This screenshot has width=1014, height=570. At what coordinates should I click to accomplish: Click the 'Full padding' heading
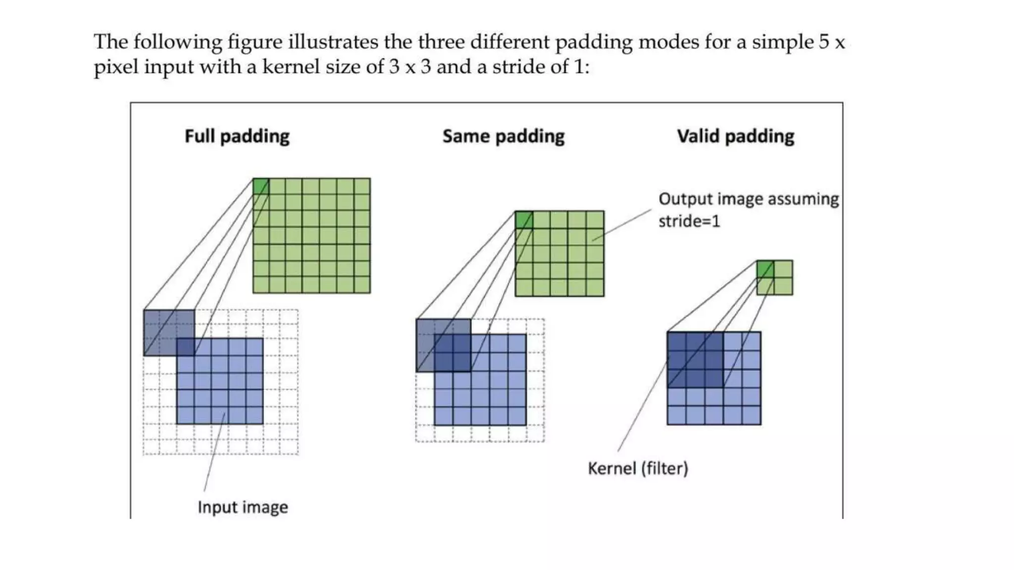(x=237, y=136)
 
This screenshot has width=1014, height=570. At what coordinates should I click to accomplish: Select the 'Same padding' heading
(x=503, y=136)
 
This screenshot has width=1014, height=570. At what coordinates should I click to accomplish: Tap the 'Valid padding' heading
(x=735, y=136)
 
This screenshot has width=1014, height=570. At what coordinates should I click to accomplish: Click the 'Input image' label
(x=243, y=507)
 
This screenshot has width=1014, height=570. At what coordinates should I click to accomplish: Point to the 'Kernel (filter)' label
(x=638, y=468)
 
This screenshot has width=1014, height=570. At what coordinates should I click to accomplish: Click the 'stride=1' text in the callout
(x=689, y=221)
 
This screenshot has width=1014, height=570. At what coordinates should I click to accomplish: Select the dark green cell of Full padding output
(x=261, y=187)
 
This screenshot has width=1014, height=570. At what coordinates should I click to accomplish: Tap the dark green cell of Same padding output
(x=524, y=220)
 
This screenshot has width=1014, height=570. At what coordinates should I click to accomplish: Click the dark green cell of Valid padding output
(x=765, y=269)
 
